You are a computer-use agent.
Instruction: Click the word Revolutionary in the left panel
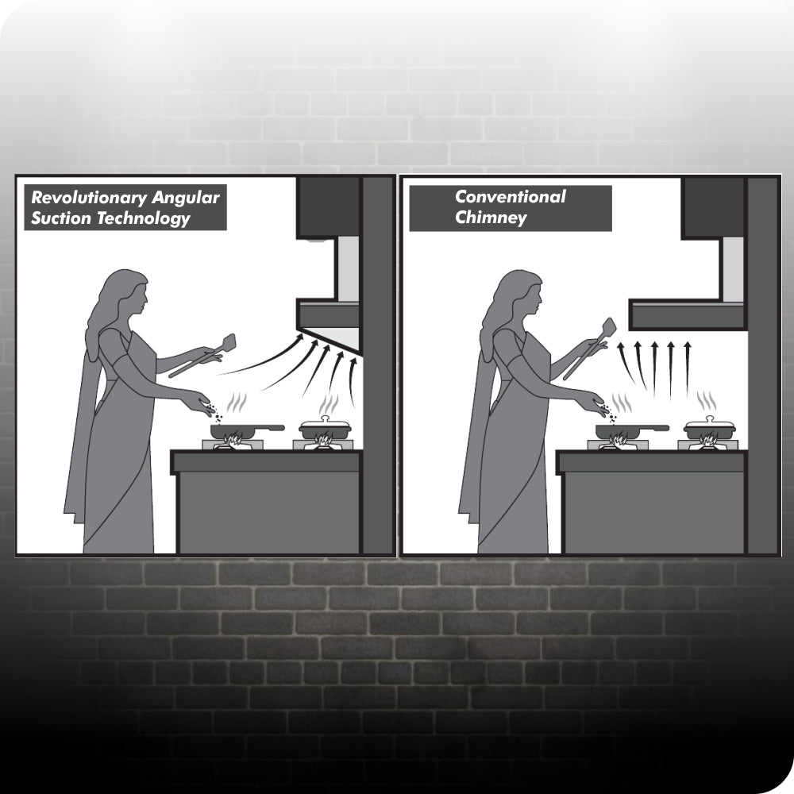tap(89, 198)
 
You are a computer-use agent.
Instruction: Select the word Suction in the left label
tap(61, 218)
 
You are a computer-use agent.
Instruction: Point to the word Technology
tap(143, 219)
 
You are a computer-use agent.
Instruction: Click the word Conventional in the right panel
tap(511, 196)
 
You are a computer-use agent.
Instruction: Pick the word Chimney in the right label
tap(491, 218)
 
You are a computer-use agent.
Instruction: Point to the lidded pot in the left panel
tap(325, 430)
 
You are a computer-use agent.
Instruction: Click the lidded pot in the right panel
tap(710, 430)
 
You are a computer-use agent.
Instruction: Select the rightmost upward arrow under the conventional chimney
tap(687, 370)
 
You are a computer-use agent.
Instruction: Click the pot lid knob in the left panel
tap(325, 418)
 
